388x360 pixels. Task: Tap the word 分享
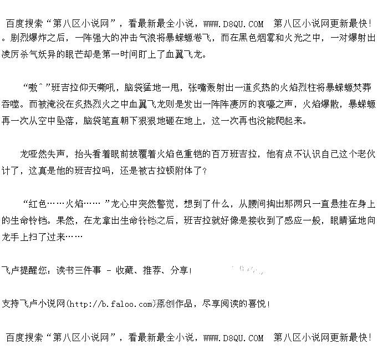(x=179, y=271)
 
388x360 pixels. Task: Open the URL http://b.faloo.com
(x=110, y=304)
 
